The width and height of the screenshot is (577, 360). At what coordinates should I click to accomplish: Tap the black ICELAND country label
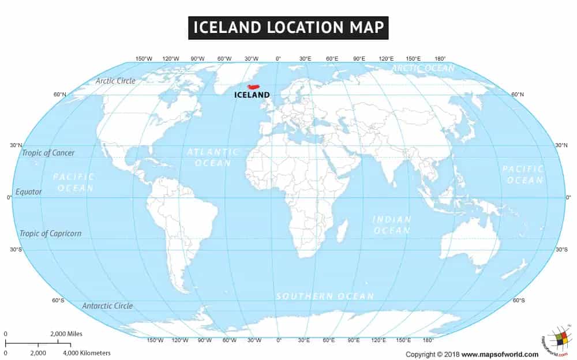[x=252, y=95]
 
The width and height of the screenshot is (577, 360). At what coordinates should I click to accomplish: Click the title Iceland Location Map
[x=288, y=27]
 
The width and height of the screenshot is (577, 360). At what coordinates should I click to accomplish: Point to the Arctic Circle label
[x=115, y=81]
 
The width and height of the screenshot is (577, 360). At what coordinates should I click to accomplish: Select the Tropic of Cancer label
[x=48, y=153]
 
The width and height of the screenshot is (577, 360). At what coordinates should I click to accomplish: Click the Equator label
[x=29, y=192]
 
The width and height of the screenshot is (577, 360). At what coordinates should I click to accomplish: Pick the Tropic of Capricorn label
[x=51, y=234]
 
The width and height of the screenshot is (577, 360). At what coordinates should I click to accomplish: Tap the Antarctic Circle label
[x=107, y=306]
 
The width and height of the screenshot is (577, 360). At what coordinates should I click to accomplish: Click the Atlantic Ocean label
[x=213, y=157]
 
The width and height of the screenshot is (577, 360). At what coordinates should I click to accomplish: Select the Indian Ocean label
[x=392, y=225]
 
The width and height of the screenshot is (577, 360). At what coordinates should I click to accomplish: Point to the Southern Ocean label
[x=325, y=296]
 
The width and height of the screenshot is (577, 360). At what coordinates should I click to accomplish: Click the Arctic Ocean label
[x=424, y=68]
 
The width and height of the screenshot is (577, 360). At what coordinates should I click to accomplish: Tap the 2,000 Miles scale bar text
[x=66, y=333]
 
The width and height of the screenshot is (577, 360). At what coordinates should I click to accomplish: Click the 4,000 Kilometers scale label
[x=87, y=352]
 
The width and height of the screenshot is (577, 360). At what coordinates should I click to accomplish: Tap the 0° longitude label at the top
[x=278, y=59]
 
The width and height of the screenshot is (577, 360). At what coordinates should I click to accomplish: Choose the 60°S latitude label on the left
[x=58, y=300]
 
